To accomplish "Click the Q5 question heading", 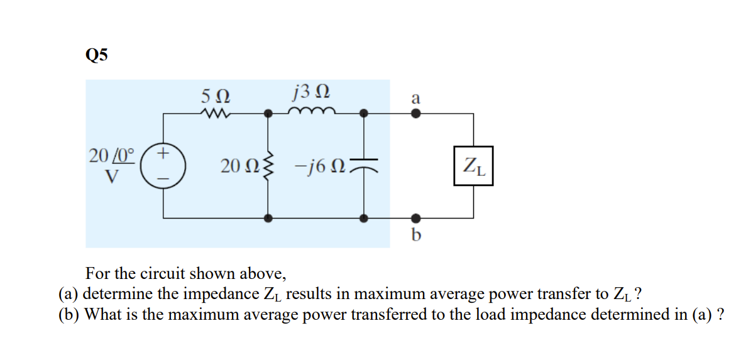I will point(96,55).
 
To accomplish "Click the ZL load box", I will point(473,166).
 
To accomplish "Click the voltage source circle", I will point(163,166).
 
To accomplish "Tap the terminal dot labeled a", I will point(415,114).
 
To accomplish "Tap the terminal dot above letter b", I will point(415,219).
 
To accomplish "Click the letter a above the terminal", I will point(415,99).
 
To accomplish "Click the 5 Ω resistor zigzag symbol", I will point(215,114).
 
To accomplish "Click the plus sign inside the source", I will point(163,153).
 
